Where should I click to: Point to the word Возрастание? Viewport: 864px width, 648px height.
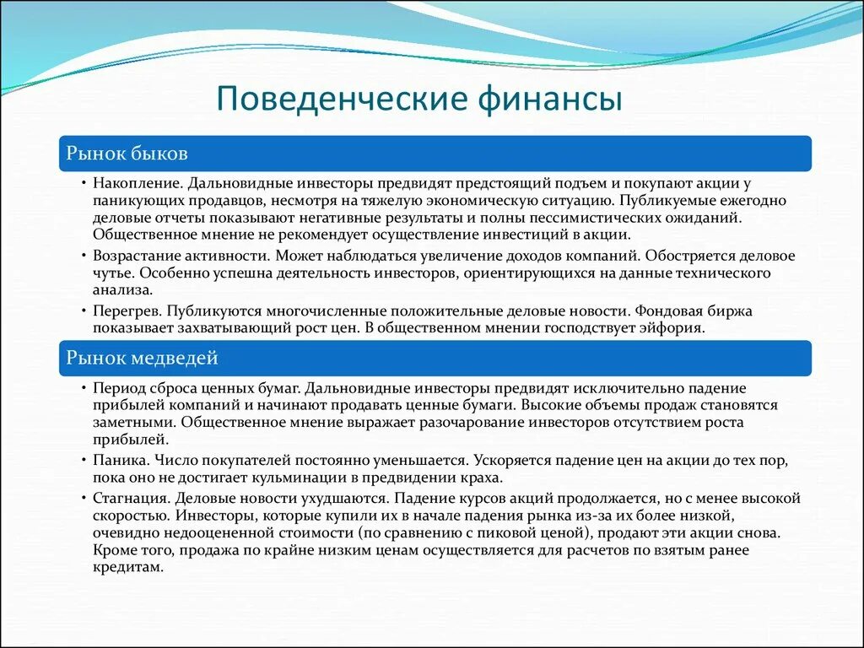[x=138, y=256]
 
